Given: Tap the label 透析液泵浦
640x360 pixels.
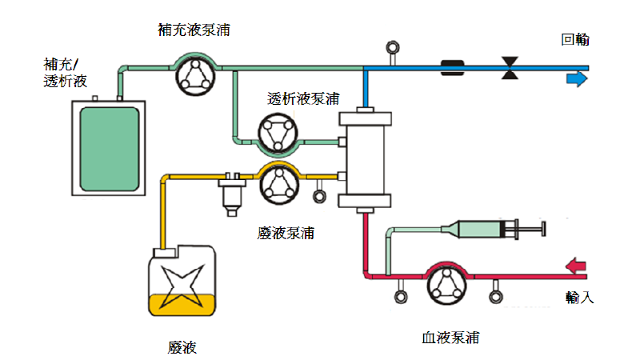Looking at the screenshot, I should pos(303,99).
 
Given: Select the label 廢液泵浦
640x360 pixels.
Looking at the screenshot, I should pos(286,233).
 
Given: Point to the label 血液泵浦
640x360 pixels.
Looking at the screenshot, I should pos(451,337).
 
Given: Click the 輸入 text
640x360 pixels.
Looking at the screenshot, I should pos(579,297).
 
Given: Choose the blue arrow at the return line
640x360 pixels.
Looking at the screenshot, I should pos(576,79).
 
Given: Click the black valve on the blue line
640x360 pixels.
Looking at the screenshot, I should pos(507,68).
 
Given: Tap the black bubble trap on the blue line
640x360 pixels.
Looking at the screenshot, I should pos(454,68).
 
